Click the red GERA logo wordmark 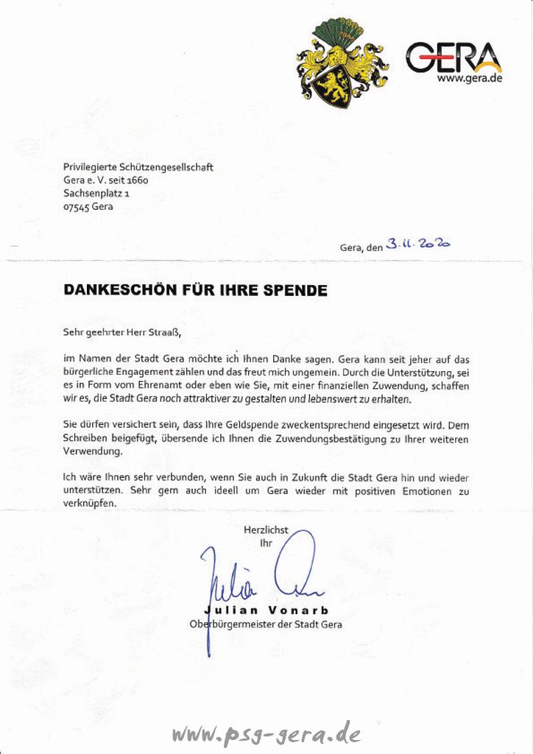(452, 57)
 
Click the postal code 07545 (76, 207)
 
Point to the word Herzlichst (266, 529)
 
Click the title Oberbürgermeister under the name (232, 624)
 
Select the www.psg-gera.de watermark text (266, 733)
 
